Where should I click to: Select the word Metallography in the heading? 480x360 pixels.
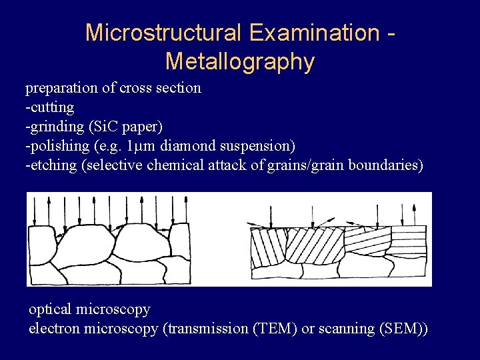tap(239, 61)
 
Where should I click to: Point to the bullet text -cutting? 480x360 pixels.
tap(49, 107)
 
